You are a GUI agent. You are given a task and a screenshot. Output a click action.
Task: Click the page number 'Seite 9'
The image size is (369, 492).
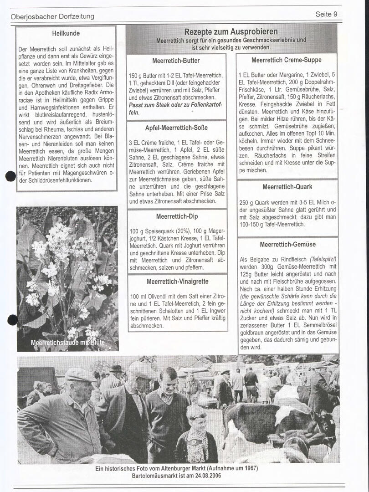pos(326,14)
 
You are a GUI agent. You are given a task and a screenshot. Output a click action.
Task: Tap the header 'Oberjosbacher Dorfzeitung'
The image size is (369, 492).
pos(52,16)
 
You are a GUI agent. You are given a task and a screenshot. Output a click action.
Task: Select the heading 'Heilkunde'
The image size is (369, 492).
pos(66,33)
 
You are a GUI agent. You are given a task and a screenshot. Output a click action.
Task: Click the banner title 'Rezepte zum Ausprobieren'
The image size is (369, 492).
pos(231,31)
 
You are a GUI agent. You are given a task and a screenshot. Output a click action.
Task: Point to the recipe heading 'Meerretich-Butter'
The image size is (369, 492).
pos(176,60)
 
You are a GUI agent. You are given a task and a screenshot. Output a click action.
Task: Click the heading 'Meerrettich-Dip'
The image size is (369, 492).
pos(177,216)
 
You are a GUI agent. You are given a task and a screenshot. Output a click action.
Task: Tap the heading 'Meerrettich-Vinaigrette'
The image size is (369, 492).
pos(177,282)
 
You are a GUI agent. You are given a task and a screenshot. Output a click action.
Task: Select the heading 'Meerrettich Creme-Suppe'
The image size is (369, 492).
pos(286,60)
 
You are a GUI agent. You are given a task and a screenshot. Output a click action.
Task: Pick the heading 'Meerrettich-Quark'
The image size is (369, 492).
pos(287,187)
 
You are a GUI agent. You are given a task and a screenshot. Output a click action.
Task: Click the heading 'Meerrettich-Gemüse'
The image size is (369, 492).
pos(287,245)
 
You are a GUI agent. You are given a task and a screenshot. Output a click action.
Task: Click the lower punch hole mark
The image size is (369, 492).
pos(13,320)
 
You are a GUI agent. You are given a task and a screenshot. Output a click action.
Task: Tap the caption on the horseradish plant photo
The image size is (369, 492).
pos(67,342)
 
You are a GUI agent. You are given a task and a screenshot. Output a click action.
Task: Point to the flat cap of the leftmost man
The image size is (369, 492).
pos(80,374)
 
